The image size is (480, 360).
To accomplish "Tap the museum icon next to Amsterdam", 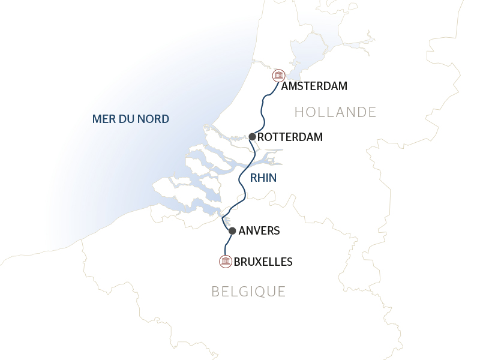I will (x=278, y=76).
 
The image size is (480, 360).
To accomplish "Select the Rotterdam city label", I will (x=290, y=137).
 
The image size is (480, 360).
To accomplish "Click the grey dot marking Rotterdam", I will (x=253, y=137).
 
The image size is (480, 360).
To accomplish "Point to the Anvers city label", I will (x=259, y=230).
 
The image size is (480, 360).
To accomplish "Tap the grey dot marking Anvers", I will (x=232, y=230).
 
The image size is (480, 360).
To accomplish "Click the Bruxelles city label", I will (x=263, y=262).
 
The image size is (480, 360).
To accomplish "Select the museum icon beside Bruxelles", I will (x=226, y=261).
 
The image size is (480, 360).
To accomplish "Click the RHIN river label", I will (x=263, y=178).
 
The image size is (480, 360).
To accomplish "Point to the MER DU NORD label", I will (x=131, y=119).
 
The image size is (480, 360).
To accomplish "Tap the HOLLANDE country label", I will (x=335, y=112).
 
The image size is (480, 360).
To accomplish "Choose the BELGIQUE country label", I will (x=248, y=292).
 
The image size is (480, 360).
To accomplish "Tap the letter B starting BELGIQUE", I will (x=215, y=292).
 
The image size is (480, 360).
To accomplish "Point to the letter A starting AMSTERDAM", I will (x=286, y=86).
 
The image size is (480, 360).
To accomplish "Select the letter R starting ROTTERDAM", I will (x=261, y=137).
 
